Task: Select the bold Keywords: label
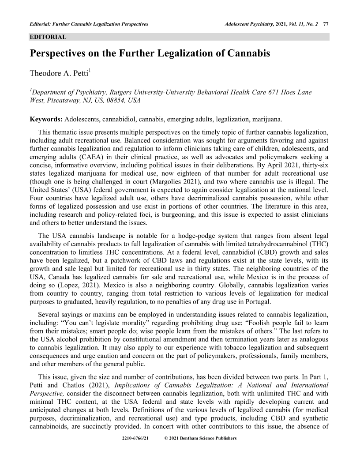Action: pyautogui.click(x=46, y=120)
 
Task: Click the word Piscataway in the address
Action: pyautogui.click(x=60, y=100)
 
